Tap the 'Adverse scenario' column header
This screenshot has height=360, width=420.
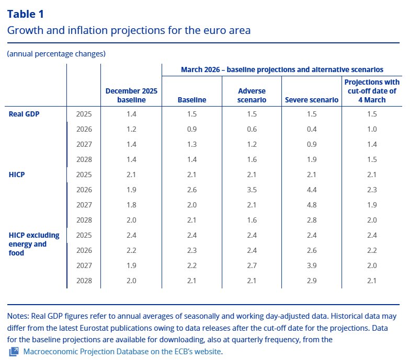(x=252, y=95)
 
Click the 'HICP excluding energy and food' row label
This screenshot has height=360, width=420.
(x=33, y=243)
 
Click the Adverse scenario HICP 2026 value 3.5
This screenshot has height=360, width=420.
(x=252, y=190)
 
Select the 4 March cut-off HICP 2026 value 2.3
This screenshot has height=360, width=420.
(x=372, y=190)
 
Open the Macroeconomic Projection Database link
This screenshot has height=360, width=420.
(x=122, y=351)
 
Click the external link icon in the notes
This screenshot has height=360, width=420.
(x=14, y=351)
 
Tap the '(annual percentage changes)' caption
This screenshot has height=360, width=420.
(x=56, y=54)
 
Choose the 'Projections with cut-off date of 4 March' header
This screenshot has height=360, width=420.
(x=372, y=91)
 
